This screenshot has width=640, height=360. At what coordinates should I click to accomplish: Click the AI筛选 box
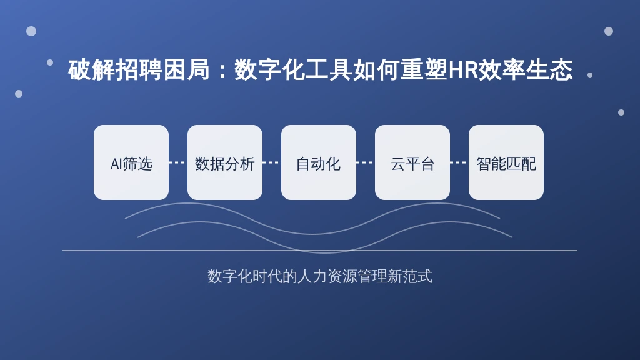pyautogui.click(x=131, y=162)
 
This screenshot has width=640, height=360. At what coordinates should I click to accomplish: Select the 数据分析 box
pyautogui.click(x=225, y=162)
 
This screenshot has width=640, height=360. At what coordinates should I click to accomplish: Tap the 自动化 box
pyautogui.click(x=318, y=162)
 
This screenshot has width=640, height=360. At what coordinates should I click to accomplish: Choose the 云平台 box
pyautogui.click(x=412, y=162)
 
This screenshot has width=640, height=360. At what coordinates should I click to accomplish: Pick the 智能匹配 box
pyautogui.click(x=506, y=162)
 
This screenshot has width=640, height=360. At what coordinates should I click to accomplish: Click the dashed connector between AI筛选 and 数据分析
pyautogui.click(x=178, y=162)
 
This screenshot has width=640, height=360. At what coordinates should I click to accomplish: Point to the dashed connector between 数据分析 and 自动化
pyautogui.click(x=272, y=162)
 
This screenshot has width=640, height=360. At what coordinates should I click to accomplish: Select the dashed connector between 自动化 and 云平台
pyautogui.click(x=366, y=162)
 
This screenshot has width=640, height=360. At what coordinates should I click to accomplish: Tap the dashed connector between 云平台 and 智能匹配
pyautogui.click(x=459, y=162)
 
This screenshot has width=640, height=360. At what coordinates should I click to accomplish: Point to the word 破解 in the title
pyautogui.click(x=91, y=70)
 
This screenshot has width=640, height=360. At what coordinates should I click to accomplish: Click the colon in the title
pyautogui.click(x=222, y=70)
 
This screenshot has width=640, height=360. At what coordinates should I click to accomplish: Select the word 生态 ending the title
pyautogui.click(x=549, y=70)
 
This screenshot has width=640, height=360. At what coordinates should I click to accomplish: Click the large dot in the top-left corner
pyautogui.click(x=31, y=31)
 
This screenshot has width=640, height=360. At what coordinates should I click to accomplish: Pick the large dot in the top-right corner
pyautogui.click(x=609, y=31)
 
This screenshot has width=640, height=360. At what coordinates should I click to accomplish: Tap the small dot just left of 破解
pyautogui.click(x=50, y=62)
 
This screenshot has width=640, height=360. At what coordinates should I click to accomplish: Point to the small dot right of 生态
pyautogui.click(x=590, y=75)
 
